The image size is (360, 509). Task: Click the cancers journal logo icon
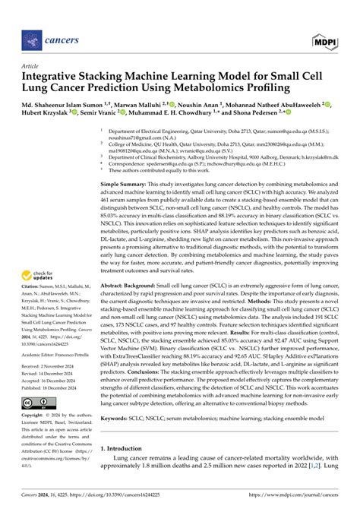tap(32, 37)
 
